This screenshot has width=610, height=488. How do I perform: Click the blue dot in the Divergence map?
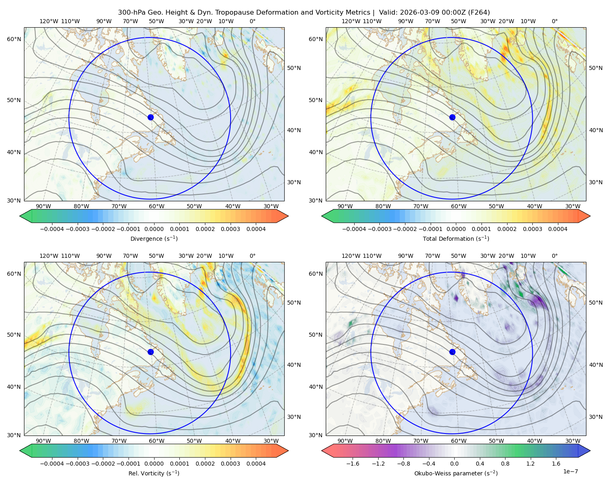click(x=150, y=118)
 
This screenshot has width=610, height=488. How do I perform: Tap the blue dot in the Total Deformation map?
click(x=452, y=118)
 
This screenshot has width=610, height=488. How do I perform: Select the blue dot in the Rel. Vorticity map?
click(x=150, y=352)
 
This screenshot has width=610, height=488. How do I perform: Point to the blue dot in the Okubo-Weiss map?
click(x=452, y=352)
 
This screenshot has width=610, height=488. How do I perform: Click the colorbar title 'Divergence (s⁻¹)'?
click(x=154, y=238)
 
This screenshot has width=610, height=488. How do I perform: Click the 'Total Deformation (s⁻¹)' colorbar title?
click(x=456, y=238)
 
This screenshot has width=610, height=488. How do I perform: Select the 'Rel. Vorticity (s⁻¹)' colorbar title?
click(x=154, y=473)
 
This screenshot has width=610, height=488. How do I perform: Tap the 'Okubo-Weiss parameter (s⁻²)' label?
click(x=456, y=473)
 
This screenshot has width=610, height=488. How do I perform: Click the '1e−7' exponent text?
click(x=570, y=471)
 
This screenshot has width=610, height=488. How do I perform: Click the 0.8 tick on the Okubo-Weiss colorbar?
click(x=505, y=464)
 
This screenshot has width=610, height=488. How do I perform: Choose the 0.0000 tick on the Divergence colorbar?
click(x=154, y=229)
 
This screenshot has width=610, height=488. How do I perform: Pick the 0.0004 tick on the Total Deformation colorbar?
click(x=558, y=229)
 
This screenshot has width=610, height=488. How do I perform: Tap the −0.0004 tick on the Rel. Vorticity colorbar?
click(x=52, y=464)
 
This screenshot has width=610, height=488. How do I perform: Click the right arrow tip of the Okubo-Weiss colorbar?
click(x=590, y=451)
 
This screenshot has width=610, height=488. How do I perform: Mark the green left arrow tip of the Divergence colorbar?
click(x=20, y=216)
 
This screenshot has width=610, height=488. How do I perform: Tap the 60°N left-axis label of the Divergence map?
click(x=14, y=39)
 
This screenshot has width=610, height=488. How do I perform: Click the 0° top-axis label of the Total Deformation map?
click(x=555, y=21)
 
